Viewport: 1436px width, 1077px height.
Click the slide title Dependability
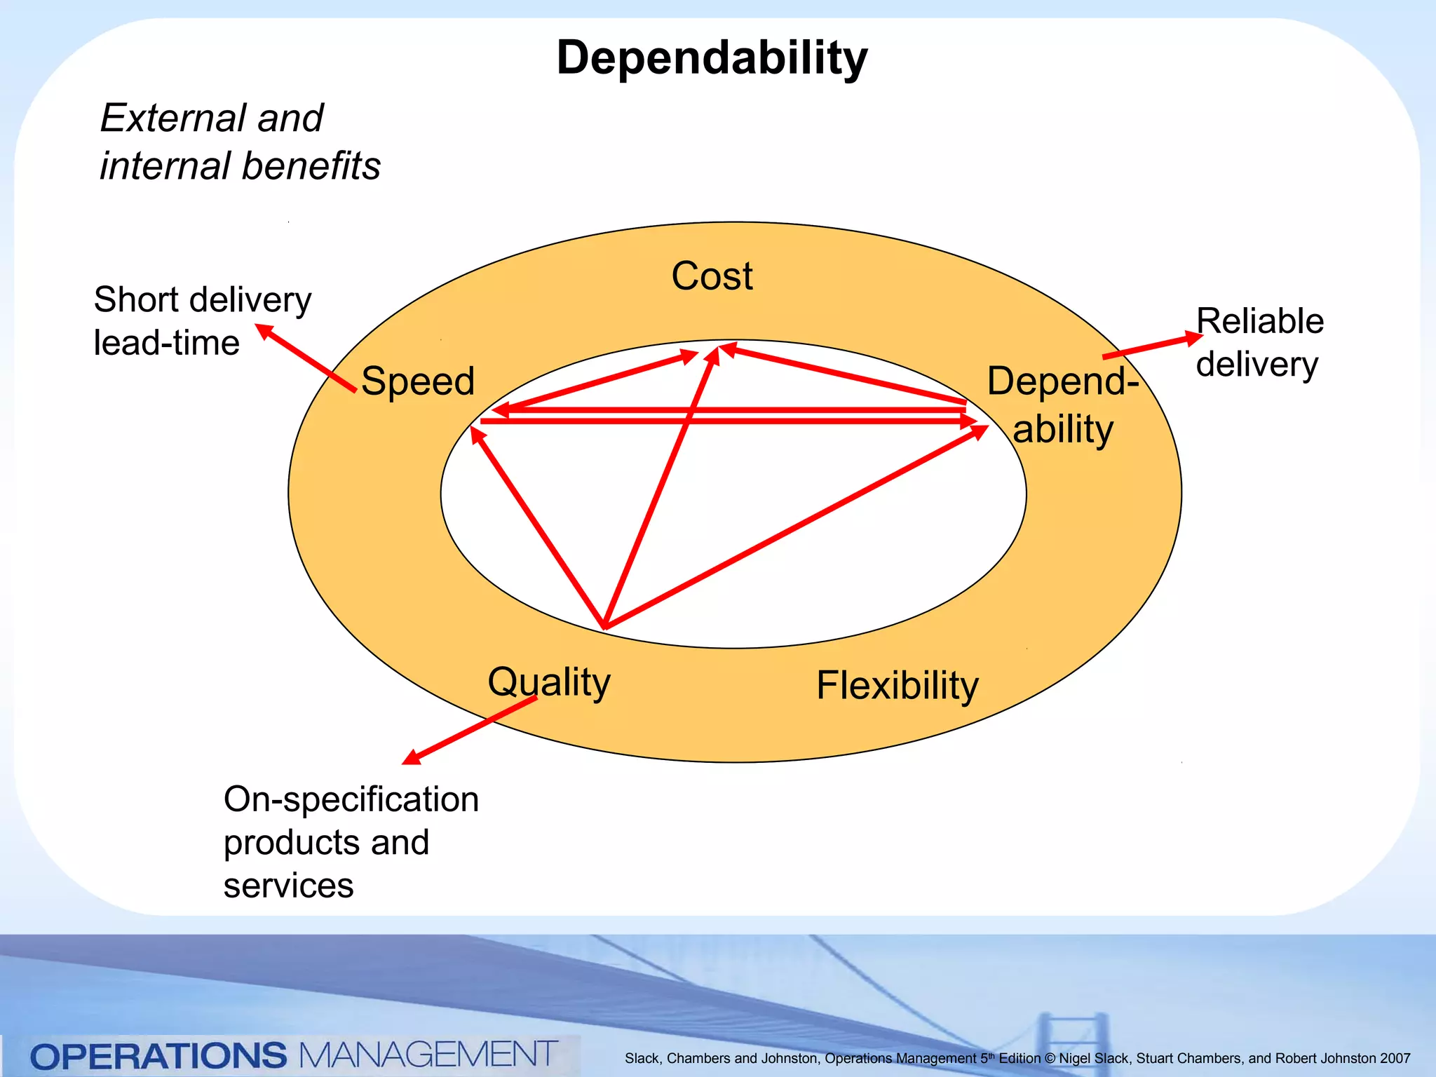[x=712, y=57]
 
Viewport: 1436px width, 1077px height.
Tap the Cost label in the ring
[x=712, y=276]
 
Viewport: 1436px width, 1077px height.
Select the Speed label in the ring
[x=418, y=381]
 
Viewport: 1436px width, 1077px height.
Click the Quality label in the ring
[x=549, y=682]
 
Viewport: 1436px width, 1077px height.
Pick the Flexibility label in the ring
[x=897, y=685]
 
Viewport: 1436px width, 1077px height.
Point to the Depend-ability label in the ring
[x=1062, y=405]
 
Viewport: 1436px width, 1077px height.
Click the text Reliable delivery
[x=1259, y=342]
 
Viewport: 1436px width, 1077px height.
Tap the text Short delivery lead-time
[x=202, y=321]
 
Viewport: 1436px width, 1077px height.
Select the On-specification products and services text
[x=351, y=841]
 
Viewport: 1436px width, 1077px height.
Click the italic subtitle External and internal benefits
[x=240, y=142]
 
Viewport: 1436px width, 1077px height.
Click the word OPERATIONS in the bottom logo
[x=158, y=1055]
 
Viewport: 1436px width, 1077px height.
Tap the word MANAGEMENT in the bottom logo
[x=428, y=1054]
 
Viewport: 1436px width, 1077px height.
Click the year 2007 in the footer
[x=1395, y=1059]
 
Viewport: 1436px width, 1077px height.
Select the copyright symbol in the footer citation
[x=1050, y=1059]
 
